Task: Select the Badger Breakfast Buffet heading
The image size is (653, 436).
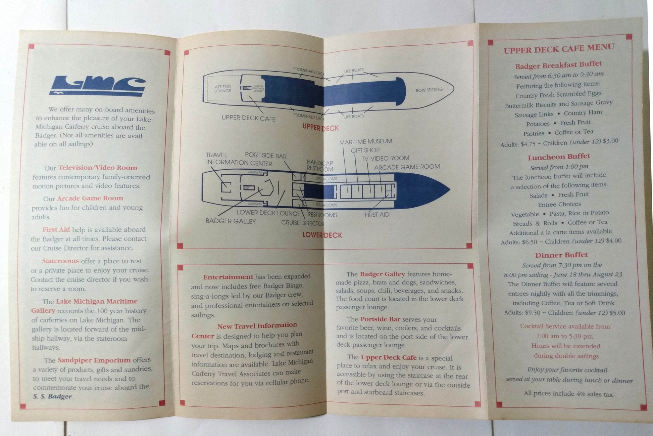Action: (558, 64)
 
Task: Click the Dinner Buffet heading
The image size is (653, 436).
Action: (561, 255)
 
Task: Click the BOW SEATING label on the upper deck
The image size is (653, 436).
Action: (429, 90)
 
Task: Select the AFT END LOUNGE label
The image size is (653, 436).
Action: (223, 89)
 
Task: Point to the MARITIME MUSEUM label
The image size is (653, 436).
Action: (365, 142)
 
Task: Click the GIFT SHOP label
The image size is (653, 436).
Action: (365, 150)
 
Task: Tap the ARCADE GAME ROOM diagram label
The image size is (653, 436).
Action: (407, 167)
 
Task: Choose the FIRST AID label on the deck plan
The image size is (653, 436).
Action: (377, 215)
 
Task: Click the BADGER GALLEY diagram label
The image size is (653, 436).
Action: (231, 221)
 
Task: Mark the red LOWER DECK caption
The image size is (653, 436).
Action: (322, 235)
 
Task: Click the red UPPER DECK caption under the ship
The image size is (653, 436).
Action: (320, 128)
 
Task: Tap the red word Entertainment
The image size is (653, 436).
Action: (228, 277)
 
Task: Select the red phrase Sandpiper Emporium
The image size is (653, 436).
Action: (94, 360)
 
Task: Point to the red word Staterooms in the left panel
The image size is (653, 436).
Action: (60, 261)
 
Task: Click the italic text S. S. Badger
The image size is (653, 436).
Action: (53, 396)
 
